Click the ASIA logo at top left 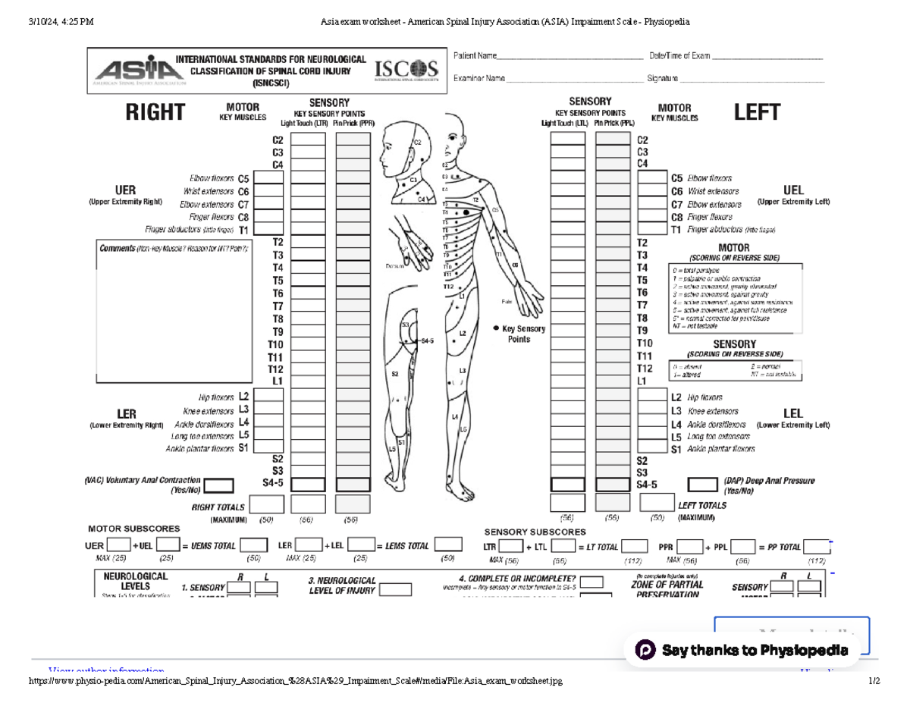click(x=131, y=70)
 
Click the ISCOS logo click(x=407, y=71)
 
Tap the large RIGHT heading click(x=155, y=112)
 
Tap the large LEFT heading click(x=756, y=112)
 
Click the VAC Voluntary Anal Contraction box click(x=219, y=485)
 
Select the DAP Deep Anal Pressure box click(x=702, y=485)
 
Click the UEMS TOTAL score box click(x=254, y=545)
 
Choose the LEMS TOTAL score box click(x=448, y=545)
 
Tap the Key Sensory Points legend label click(x=523, y=334)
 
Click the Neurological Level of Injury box click(x=395, y=589)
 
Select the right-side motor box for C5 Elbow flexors click(x=269, y=177)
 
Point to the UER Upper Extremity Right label click(x=125, y=194)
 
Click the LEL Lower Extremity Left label click(x=792, y=418)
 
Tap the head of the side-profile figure click(x=398, y=144)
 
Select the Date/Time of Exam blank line click(x=766, y=57)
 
